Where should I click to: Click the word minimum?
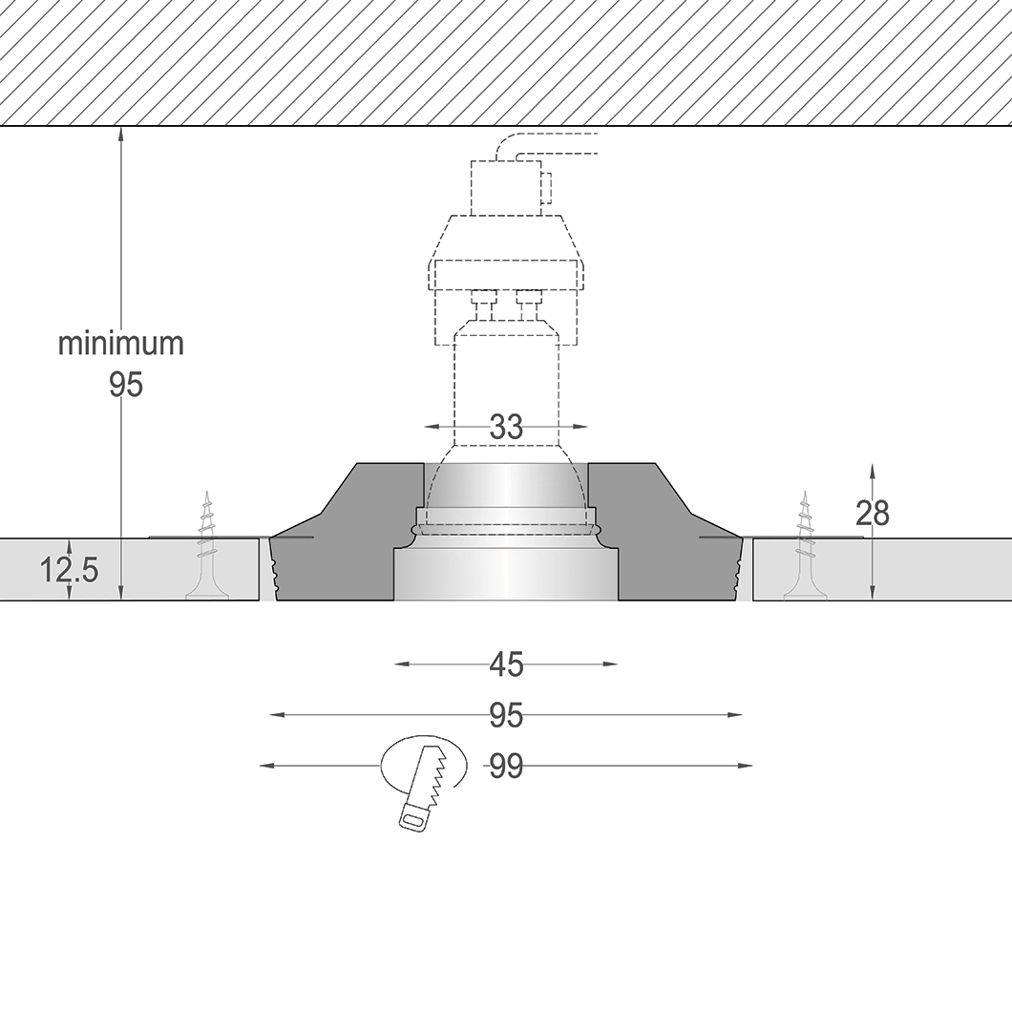[x=121, y=344]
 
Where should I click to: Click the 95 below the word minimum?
[x=125, y=385]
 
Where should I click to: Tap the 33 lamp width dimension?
[x=506, y=427]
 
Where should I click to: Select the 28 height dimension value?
[x=872, y=514]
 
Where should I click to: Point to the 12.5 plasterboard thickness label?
[x=68, y=571]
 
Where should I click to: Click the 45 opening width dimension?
[x=506, y=664]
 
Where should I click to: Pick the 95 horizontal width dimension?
[x=506, y=715]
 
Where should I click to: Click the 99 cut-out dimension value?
[x=506, y=766]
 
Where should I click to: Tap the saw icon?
[x=424, y=785]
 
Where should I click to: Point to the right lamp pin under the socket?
[x=527, y=306]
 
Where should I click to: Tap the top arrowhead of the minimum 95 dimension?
[x=121, y=133]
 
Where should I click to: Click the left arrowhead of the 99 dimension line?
[x=266, y=766]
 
